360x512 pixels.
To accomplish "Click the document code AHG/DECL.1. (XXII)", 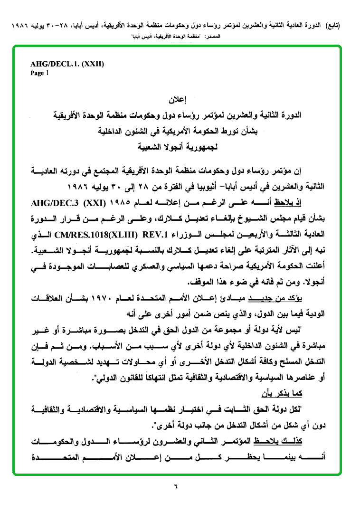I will click(67, 64).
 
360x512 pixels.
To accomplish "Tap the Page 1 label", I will click(39, 73).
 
